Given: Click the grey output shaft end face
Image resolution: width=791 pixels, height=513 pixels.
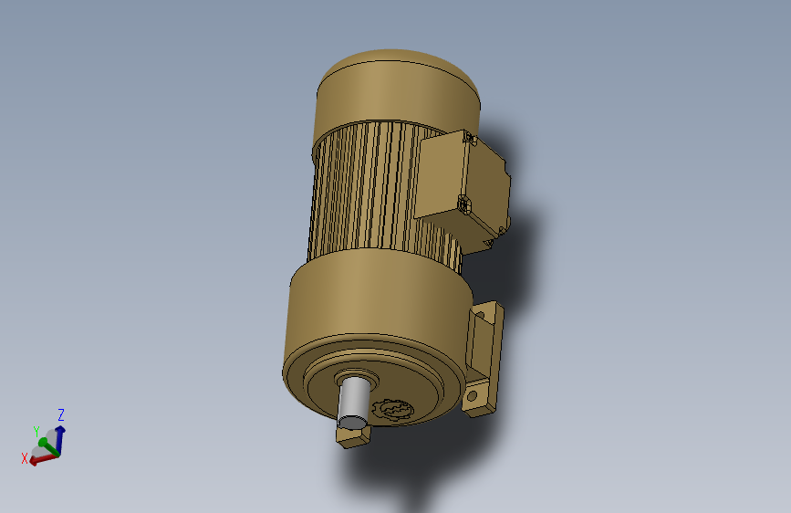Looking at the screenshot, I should (x=350, y=422).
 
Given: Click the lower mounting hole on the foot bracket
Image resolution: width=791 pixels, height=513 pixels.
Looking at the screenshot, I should (x=474, y=397).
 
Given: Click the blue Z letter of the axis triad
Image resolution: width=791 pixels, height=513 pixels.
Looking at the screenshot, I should (x=61, y=414).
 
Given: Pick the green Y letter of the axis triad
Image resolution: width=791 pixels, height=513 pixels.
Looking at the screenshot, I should (x=36, y=432).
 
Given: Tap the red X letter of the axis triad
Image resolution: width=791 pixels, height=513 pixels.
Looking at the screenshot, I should (x=25, y=458).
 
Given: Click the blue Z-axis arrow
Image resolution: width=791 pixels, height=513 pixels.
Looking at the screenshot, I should (x=58, y=434).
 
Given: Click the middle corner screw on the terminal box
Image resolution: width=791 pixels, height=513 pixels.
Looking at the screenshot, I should (x=463, y=204).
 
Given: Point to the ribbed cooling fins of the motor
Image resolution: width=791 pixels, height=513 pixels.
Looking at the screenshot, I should (x=365, y=192).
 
